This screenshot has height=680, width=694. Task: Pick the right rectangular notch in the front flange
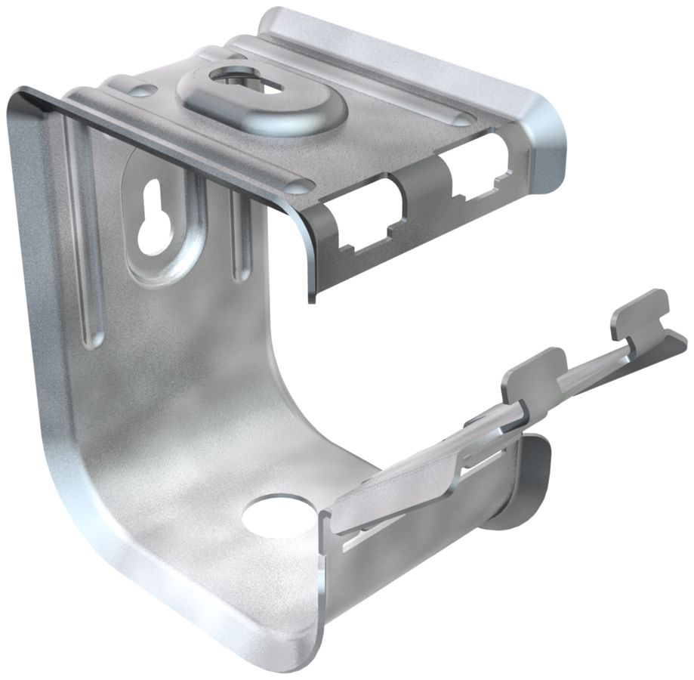(477, 173)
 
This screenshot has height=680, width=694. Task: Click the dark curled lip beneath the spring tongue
(521, 484)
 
